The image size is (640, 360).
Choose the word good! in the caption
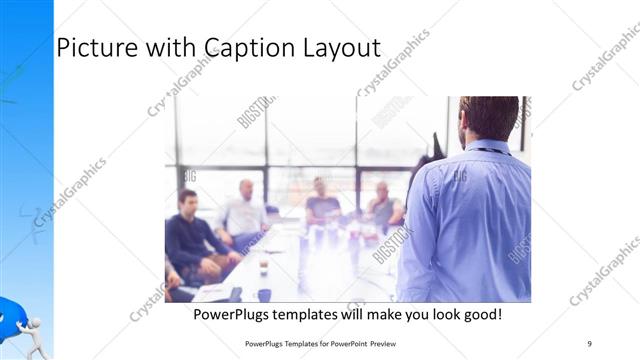478,315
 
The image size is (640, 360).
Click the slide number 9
589,343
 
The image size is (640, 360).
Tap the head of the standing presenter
488,118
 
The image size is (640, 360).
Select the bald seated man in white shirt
244,212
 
